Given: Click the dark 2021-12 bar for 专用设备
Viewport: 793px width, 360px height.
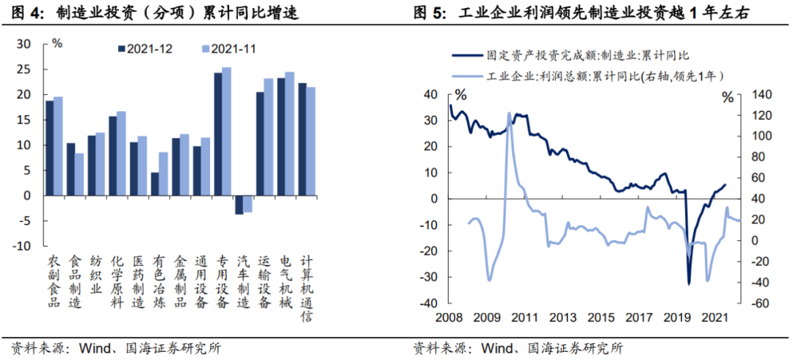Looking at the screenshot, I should [217, 134].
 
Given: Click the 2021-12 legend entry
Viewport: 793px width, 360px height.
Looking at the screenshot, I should [148, 48].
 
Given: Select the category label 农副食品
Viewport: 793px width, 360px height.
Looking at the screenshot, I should [54, 282].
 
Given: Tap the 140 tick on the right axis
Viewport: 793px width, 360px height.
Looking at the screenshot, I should [753, 95].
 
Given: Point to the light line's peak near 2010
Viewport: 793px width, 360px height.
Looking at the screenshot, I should [510, 113].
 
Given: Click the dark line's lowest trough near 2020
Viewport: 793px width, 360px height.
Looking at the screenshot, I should [689, 284].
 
